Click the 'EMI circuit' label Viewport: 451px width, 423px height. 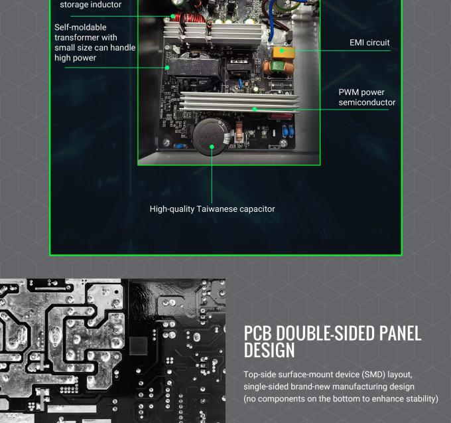point(369,42)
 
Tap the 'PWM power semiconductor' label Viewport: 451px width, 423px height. point(367,98)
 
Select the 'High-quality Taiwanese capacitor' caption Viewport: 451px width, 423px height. point(212,209)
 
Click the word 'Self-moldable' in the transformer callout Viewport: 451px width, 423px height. point(80,27)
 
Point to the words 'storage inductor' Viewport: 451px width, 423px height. point(91,5)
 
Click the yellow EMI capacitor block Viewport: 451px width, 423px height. point(283,52)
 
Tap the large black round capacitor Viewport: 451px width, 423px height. point(211,137)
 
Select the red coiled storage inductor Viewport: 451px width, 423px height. point(190,18)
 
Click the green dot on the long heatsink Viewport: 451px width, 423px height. point(255,109)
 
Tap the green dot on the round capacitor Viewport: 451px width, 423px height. point(212,147)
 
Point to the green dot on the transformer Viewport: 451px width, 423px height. point(167,68)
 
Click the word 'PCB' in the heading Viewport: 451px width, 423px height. point(258,333)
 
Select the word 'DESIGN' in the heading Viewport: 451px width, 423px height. point(269,350)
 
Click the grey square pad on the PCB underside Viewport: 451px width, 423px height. point(139,346)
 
